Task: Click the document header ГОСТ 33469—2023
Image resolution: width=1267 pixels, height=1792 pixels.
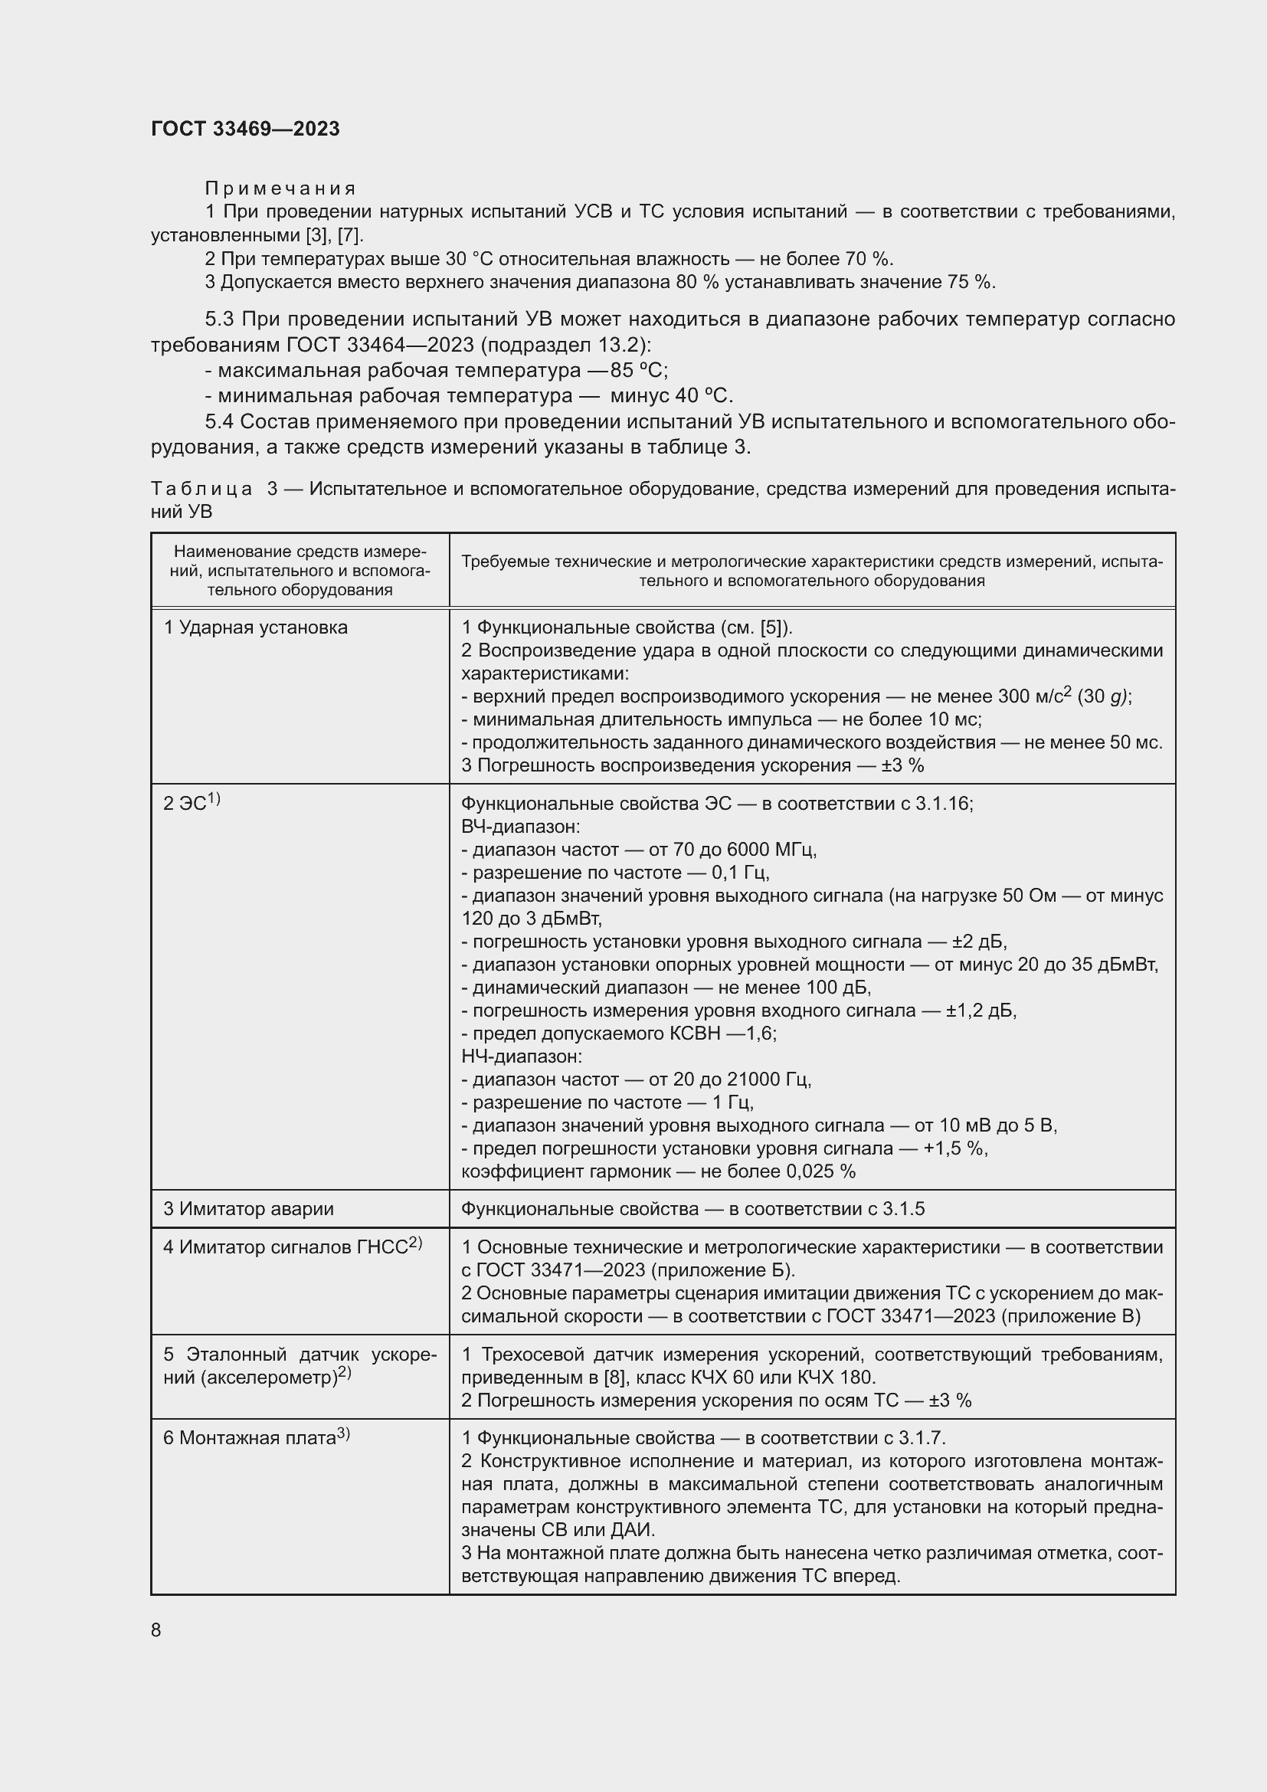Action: click(x=245, y=129)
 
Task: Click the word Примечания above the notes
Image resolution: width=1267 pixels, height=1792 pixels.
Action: click(x=280, y=188)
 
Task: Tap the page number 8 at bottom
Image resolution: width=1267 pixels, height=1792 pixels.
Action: click(x=156, y=1630)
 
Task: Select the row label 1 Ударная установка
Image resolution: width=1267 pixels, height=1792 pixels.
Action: click(x=255, y=627)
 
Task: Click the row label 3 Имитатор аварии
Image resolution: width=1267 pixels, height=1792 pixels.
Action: click(x=248, y=1209)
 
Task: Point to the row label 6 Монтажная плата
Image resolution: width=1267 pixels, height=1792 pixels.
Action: click(x=256, y=1437)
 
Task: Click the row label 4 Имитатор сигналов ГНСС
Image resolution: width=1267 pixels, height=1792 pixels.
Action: click(x=292, y=1247)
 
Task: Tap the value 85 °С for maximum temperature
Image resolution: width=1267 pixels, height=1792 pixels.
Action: click(x=639, y=370)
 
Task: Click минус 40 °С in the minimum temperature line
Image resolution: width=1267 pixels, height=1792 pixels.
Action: click(x=671, y=395)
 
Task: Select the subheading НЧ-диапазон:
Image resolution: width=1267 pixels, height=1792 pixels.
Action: click(x=521, y=1057)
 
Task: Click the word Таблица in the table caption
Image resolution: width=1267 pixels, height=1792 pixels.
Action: click(x=201, y=490)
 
